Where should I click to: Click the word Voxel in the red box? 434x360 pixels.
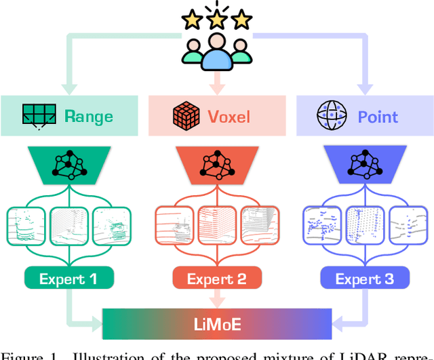pos(229,116)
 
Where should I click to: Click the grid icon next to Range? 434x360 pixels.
pos(39,116)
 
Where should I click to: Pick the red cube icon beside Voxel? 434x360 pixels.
pos(186,116)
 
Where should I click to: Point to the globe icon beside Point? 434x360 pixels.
pos(331,116)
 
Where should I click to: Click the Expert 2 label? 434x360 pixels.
pos(216,278)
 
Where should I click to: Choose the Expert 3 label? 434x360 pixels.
pos(365,278)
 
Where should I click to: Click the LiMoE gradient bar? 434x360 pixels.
pos(216,323)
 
